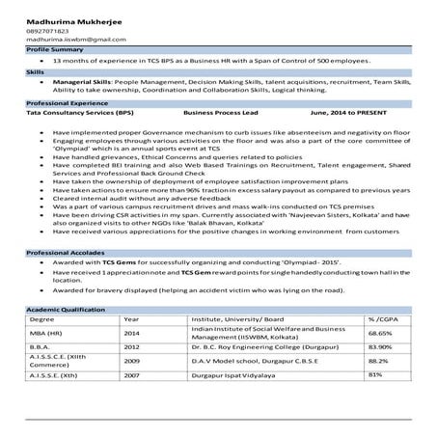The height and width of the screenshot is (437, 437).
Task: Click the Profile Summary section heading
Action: tap(57, 47)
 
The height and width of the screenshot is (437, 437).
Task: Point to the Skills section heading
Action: tap(36, 72)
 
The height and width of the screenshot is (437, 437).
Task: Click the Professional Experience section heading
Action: tap(68, 102)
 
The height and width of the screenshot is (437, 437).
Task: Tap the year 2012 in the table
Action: tap(132, 347)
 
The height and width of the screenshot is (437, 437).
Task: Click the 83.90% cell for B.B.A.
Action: tap(380, 347)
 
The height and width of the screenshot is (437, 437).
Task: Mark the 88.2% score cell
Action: tap(378, 361)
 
